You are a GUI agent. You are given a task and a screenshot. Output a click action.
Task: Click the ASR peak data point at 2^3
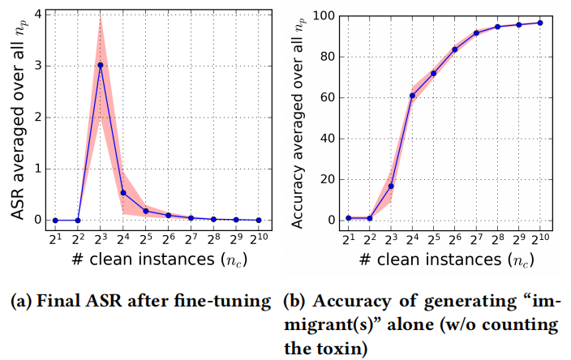[x=100, y=65]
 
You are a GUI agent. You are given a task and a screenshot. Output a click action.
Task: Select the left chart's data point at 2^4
[x=122, y=193]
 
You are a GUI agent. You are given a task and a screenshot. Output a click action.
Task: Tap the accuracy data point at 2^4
[x=412, y=96]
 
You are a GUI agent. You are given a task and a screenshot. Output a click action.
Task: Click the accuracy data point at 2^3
[x=391, y=186]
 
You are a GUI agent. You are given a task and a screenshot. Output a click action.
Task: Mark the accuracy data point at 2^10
[x=540, y=23]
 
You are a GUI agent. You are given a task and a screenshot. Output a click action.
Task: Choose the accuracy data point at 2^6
[x=455, y=49]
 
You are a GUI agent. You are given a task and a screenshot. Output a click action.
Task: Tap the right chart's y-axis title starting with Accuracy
[x=297, y=122]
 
